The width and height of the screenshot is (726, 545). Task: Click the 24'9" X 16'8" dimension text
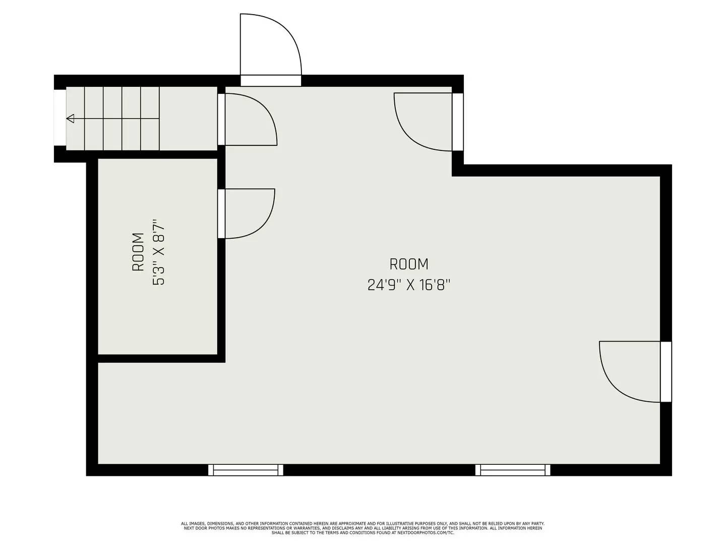408,285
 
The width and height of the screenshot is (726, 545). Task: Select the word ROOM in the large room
409,264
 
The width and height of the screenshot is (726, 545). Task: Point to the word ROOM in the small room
138,252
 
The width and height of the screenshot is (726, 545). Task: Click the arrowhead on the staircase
71,119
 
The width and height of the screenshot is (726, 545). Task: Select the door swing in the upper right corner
423,121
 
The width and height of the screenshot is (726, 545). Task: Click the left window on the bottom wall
246,470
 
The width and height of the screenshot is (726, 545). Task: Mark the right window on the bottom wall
513,470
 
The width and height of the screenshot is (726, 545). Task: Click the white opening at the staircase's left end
59,118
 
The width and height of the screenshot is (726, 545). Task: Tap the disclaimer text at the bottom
362,528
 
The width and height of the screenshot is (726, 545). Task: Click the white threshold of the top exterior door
270,81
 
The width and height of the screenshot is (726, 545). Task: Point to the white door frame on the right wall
665,371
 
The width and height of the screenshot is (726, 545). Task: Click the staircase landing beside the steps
188,118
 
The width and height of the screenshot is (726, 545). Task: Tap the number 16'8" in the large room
434,285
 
